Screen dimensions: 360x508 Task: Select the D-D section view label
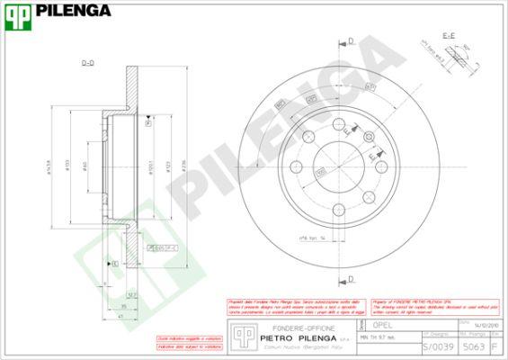pos(88,63)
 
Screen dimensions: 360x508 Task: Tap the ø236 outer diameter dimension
pos(183,165)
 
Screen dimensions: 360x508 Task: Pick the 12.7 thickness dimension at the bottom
pos(130,294)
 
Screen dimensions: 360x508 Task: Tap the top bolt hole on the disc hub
pos(337,124)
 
